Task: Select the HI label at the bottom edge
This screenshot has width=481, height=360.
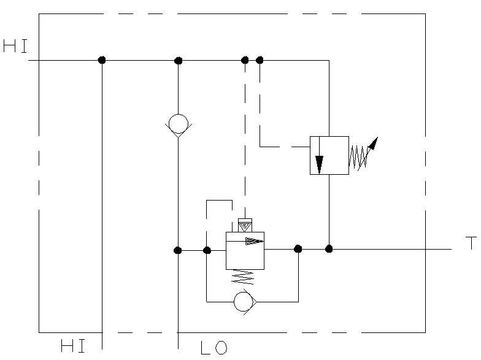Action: click(x=72, y=347)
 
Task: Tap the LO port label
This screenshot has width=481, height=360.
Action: click(x=214, y=348)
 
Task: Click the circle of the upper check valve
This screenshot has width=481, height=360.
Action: click(x=178, y=123)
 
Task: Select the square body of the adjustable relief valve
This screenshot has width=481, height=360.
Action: click(x=329, y=155)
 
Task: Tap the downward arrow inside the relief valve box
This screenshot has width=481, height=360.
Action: click(x=319, y=163)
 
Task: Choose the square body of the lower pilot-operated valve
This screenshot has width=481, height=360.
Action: click(x=245, y=251)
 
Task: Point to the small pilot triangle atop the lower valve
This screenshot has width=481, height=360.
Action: click(x=245, y=226)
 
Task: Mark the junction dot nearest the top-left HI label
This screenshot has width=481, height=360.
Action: click(x=102, y=60)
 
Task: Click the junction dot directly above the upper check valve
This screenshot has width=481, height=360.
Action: click(x=179, y=61)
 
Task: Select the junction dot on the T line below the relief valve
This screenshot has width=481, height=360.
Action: click(x=329, y=248)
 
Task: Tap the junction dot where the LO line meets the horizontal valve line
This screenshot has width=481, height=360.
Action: click(x=178, y=250)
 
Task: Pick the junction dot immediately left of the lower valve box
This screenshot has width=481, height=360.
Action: click(x=207, y=250)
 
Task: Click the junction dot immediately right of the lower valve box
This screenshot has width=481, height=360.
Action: click(x=298, y=248)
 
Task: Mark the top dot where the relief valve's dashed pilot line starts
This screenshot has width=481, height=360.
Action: click(x=260, y=60)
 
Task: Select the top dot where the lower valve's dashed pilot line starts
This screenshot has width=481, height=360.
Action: click(x=245, y=60)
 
